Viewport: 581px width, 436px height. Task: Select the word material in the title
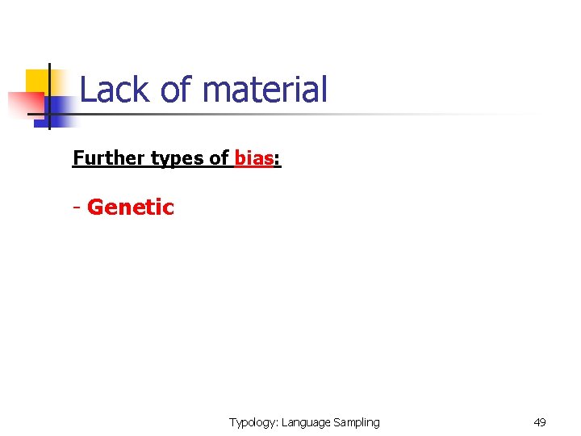click(265, 90)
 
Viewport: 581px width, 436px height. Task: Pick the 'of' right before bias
click(219, 158)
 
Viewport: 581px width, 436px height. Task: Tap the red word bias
click(253, 158)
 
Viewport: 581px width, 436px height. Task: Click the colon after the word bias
click(278, 160)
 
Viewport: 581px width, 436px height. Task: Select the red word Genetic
click(130, 208)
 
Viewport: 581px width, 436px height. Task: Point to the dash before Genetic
click(77, 208)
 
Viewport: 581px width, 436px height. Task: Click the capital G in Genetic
click(95, 208)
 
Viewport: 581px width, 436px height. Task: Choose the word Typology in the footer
click(253, 422)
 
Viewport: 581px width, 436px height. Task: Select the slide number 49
click(540, 422)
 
